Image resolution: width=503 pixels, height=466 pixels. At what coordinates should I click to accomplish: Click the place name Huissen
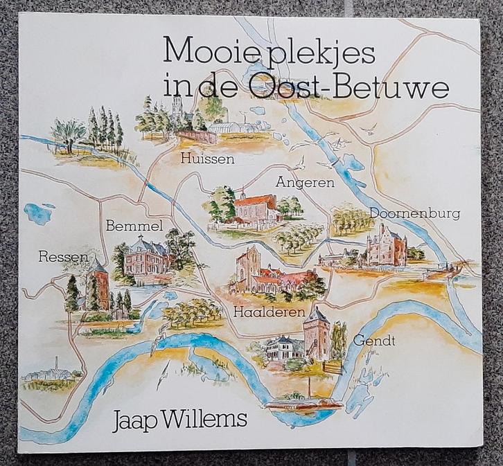click(x=205, y=159)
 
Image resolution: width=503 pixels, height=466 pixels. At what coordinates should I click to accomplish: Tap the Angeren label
click(x=305, y=183)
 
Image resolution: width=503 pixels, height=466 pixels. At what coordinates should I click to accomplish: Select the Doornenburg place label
click(x=414, y=214)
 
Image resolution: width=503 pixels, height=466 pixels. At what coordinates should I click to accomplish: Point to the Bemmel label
click(x=134, y=226)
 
